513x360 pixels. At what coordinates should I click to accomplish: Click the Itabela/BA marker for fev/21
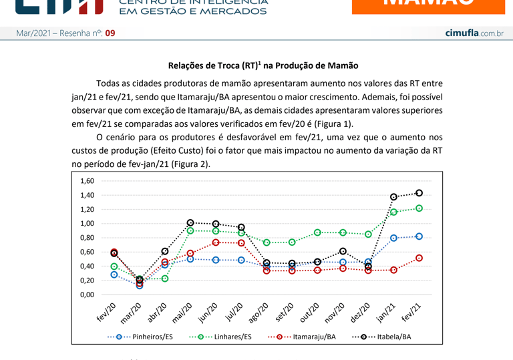coord(419,193)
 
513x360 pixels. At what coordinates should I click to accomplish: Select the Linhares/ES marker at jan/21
coord(393,212)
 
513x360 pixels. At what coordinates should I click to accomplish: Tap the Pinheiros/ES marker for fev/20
coord(114,275)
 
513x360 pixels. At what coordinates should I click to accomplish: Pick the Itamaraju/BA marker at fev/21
coord(419,258)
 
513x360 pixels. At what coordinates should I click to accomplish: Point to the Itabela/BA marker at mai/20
coord(190,222)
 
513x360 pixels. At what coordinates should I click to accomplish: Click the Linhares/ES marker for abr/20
coord(165,278)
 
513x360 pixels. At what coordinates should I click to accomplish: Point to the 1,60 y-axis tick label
coord(88,181)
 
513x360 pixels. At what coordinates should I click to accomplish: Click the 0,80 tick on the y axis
coord(88,238)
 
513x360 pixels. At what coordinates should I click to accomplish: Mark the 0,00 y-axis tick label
coord(88,295)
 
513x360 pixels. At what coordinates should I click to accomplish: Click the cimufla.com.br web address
coord(474,33)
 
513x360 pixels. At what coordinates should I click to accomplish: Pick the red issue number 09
coord(110,33)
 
